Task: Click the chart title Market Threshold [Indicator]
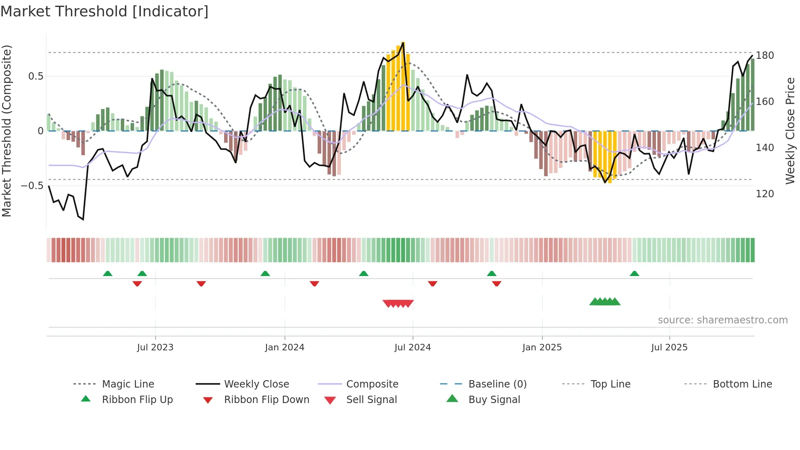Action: [x=104, y=11]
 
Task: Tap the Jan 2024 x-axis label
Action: [x=284, y=347]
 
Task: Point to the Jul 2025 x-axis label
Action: [x=669, y=347]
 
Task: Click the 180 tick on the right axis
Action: [x=764, y=55]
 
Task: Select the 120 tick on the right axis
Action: [x=764, y=194]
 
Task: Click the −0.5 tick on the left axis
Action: [x=32, y=185]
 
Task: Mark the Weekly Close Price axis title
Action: [x=790, y=131]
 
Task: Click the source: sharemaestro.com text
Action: [x=722, y=320]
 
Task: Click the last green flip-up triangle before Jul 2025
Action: [x=634, y=274]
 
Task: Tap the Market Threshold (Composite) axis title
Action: [x=7, y=131]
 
